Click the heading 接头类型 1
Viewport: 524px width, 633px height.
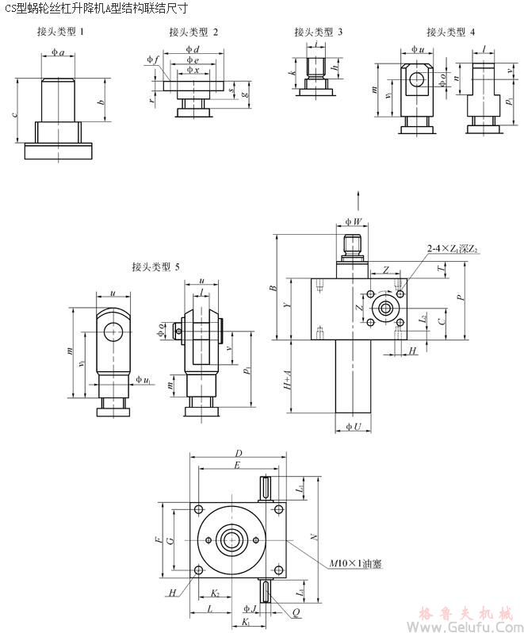tap(60, 33)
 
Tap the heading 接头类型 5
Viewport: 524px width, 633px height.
tap(156, 267)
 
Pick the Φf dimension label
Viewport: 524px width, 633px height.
tap(152, 59)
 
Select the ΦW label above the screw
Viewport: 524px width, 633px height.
tap(354, 220)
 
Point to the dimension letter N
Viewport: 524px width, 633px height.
tap(315, 537)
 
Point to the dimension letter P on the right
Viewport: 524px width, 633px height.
tap(460, 297)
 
